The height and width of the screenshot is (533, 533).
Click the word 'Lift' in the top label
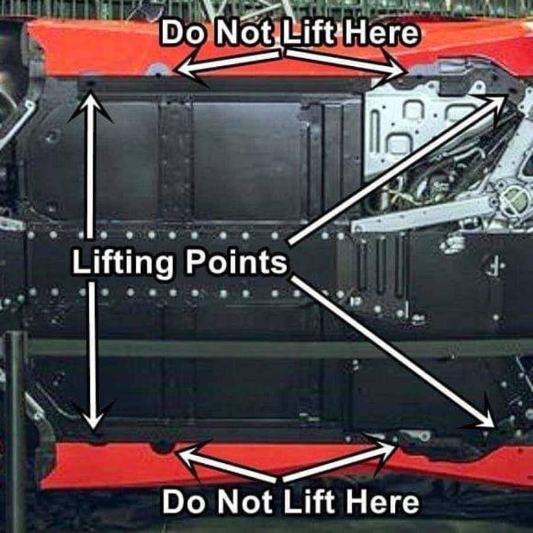click(x=310, y=34)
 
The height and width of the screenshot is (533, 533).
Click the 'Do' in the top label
click(x=185, y=34)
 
